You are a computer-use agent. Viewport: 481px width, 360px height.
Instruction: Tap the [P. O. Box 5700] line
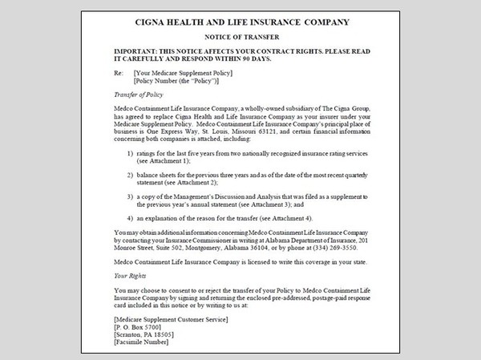(x=143, y=326)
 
